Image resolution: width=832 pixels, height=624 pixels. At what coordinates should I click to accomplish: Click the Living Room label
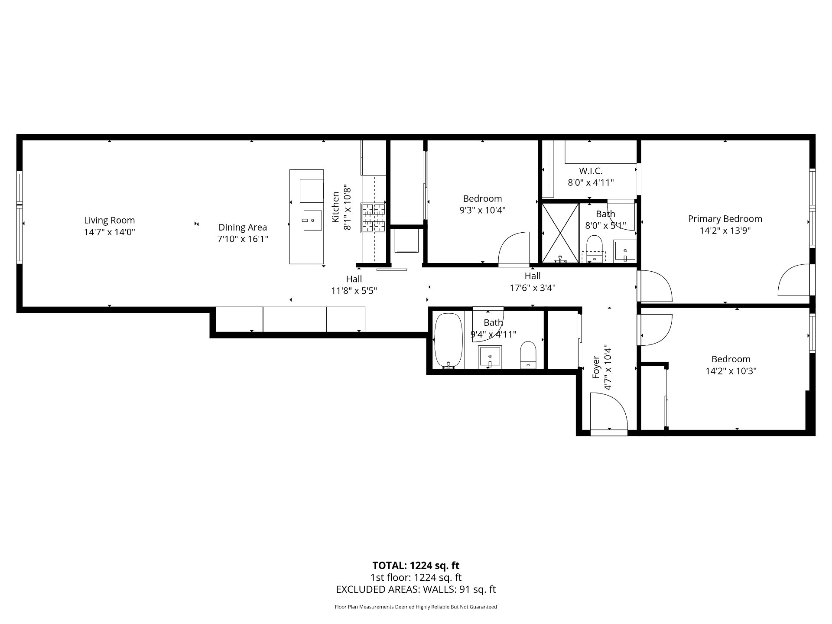(x=110, y=220)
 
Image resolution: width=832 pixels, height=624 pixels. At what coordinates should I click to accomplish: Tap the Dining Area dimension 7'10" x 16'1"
(x=243, y=239)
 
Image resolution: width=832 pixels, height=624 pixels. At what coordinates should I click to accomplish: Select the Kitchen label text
(x=335, y=207)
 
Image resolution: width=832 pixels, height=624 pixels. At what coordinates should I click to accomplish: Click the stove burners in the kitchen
(x=374, y=218)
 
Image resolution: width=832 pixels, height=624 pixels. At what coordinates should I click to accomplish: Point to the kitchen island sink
(x=312, y=221)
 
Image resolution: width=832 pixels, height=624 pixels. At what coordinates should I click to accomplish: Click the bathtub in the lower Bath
(x=448, y=341)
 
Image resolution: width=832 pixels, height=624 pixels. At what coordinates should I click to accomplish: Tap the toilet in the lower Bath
(x=528, y=354)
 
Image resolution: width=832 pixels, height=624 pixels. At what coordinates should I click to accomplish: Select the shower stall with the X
(x=561, y=233)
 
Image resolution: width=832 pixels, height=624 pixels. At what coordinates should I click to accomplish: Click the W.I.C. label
(x=591, y=171)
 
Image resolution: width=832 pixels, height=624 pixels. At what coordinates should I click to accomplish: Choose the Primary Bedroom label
(x=725, y=219)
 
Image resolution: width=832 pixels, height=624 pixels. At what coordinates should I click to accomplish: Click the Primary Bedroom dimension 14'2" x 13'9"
(x=725, y=231)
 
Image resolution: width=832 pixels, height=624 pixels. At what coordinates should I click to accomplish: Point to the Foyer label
(x=596, y=367)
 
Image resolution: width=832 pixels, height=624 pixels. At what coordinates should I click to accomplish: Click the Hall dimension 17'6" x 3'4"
(x=533, y=287)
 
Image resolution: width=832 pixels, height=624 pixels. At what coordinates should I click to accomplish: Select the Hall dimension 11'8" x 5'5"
(x=354, y=291)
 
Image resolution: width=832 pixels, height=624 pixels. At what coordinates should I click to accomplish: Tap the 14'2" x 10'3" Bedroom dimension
(x=731, y=371)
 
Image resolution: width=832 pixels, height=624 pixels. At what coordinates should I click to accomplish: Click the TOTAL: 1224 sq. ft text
(x=416, y=565)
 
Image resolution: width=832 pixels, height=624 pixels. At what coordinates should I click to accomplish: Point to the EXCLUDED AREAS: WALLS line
(x=416, y=589)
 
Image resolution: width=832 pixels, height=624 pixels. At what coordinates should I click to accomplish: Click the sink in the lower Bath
(x=490, y=357)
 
